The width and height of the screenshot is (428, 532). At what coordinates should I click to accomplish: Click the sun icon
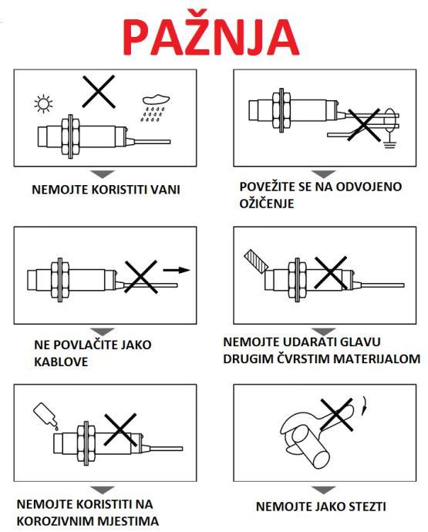coord(43,103)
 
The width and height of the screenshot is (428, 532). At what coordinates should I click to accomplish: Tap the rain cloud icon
coord(154,107)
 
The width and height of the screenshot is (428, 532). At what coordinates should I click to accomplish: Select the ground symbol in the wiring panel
coord(390,143)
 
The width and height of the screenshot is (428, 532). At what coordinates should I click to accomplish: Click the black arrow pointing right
coord(176,270)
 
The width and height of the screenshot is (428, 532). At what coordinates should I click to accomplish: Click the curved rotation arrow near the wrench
coord(365,405)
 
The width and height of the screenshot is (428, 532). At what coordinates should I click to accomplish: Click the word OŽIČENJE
coord(266,204)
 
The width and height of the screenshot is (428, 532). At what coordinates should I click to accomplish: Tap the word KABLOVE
coord(61,362)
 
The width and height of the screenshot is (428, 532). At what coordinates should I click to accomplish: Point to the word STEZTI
coord(366,507)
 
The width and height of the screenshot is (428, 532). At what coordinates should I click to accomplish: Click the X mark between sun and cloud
coord(99,92)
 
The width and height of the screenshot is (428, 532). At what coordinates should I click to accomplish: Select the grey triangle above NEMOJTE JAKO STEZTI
coord(323,490)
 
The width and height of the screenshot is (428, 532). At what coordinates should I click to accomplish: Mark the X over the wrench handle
coord(337,415)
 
